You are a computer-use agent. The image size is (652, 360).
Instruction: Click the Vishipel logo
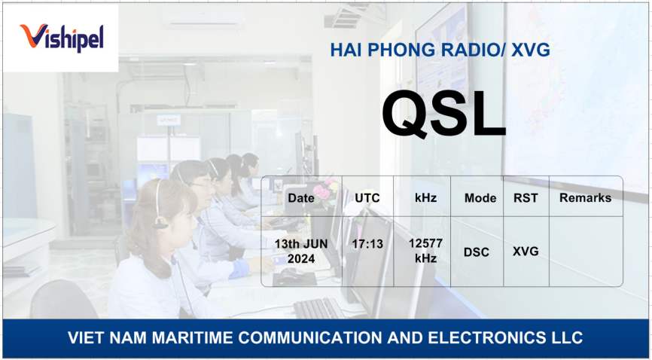[x=62, y=38]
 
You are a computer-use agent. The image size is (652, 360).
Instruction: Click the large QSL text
[x=443, y=114]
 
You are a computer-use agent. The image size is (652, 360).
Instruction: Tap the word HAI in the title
[x=346, y=50]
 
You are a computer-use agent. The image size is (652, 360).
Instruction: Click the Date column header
[x=301, y=197]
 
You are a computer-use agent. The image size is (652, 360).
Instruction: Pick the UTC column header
[x=367, y=197]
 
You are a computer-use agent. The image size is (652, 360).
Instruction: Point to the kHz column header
[x=426, y=197]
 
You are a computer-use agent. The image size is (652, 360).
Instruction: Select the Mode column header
[x=480, y=198]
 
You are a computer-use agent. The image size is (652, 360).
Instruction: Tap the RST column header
[x=526, y=197]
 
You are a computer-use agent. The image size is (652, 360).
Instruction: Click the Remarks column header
[x=586, y=197]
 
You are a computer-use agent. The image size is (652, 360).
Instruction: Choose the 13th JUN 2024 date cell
[x=301, y=252]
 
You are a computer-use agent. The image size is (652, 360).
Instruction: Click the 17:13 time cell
[x=367, y=244]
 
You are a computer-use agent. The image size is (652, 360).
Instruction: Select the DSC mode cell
[x=477, y=252]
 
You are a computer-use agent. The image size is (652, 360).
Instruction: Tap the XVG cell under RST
[x=526, y=252]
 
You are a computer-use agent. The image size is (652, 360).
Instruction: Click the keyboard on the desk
[x=318, y=308]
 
